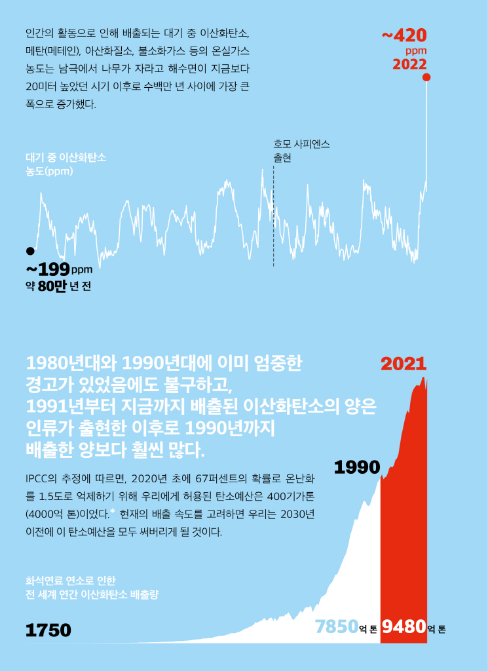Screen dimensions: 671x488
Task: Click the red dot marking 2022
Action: (426, 77)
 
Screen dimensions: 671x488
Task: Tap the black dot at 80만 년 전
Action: (29, 251)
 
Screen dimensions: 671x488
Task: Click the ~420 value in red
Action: (404, 35)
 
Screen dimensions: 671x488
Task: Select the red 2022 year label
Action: (409, 64)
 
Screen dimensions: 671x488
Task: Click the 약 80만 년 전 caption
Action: (58, 286)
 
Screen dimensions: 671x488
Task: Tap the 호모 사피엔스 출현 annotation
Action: (301, 151)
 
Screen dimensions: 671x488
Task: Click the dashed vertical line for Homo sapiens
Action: (273, 216)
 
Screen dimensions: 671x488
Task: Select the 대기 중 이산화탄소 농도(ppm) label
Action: (66, 164)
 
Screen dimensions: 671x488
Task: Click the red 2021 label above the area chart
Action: (404, 364)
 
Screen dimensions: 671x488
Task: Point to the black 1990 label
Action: (357, 467)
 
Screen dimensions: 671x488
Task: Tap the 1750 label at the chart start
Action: (48, 630)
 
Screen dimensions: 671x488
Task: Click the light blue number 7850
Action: (337, 627)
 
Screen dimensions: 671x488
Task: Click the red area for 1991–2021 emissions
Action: (404, 524)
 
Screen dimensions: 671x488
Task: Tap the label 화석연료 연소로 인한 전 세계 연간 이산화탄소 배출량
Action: (92, 588)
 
